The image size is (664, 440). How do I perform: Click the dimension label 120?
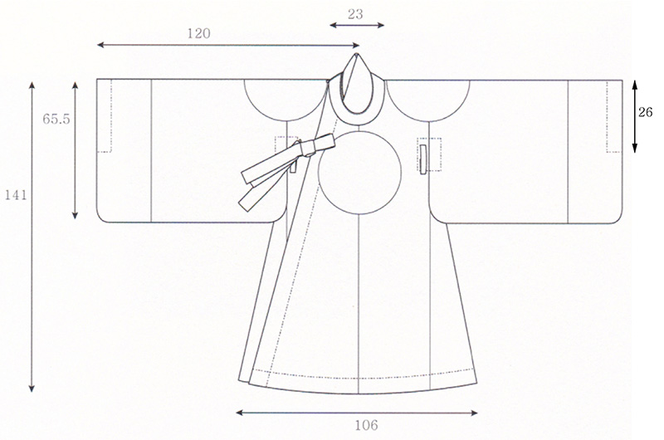[198, 33]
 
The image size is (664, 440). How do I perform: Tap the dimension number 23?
[356, 14]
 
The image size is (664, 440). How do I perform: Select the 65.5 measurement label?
[56, 120]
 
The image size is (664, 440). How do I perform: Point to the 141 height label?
[16, 195]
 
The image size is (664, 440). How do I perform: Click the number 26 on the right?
[646, 113]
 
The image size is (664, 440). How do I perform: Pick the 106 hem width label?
[366, 425]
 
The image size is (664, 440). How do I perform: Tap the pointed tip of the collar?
[357, 54]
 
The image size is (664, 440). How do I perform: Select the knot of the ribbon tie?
[307, 149]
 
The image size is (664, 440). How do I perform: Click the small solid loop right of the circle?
[422, 159]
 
